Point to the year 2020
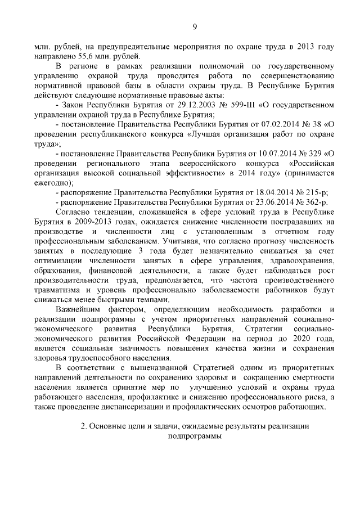tap(303, 339)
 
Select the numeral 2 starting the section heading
tap(83, 426)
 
